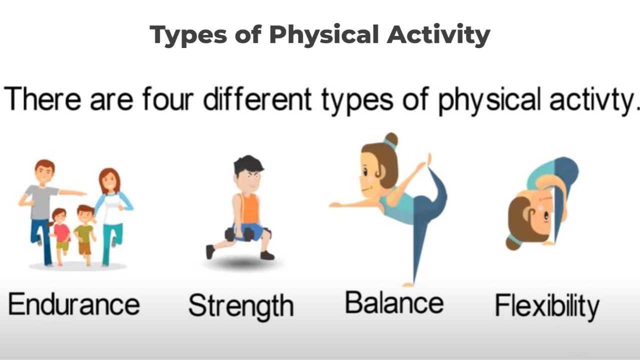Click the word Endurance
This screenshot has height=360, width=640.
(74, 304)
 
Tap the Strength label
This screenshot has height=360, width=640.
(240, 305)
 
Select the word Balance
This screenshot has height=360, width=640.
(394, 302)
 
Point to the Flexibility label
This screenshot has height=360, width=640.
(547, 305)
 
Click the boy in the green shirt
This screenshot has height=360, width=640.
(84, 232)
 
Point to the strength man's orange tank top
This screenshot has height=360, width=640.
(250, 207)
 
